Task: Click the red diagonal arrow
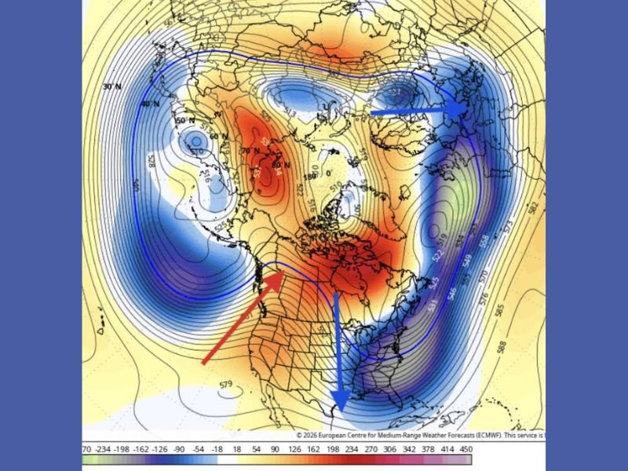tap(243, 318)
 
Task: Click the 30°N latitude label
tap(112, 86)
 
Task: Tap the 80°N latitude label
tap(276, 164)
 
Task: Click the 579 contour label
tap(226, 385)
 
